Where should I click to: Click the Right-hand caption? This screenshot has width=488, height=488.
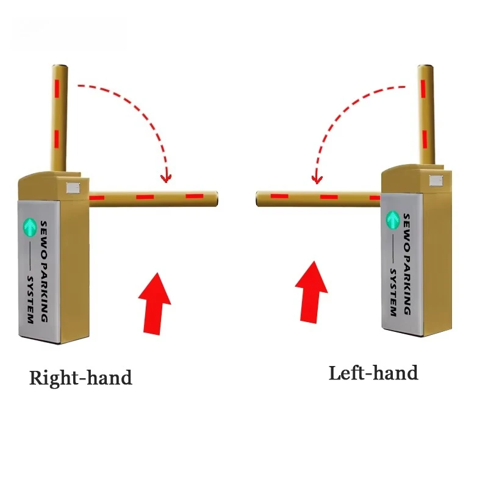click(x=81, y=378)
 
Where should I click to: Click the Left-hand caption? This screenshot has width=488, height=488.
click(x=373, y=373)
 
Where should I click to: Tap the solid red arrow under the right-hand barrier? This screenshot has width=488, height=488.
click(x=154, y=304)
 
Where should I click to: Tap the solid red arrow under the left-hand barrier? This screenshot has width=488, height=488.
click(x=311, y=293)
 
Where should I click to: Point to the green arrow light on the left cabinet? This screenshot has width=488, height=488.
click(x=29, y=227)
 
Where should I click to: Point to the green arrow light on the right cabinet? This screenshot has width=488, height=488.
click(x=393, y=220)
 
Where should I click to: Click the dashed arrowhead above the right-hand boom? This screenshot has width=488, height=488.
click(x=166, y=178)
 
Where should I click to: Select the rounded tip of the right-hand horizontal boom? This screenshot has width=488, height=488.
click(x=215, y=199)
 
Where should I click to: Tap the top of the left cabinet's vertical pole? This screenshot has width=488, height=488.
click(x=60, y=66)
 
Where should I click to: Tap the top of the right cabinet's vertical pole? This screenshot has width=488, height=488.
click(x=425, y=66)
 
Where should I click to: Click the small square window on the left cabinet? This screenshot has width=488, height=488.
click(x=73, y=188)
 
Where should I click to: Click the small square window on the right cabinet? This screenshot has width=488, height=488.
click(x=436, y=181)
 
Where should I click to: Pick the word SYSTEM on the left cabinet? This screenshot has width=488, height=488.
click(x=30, y=300)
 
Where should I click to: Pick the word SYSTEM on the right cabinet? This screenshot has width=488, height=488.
click(x=393, y=292)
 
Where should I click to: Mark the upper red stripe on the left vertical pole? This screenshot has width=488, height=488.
click(x=57, y=88)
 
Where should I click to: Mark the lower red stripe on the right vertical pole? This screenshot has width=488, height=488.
click(x=425, y=138)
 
